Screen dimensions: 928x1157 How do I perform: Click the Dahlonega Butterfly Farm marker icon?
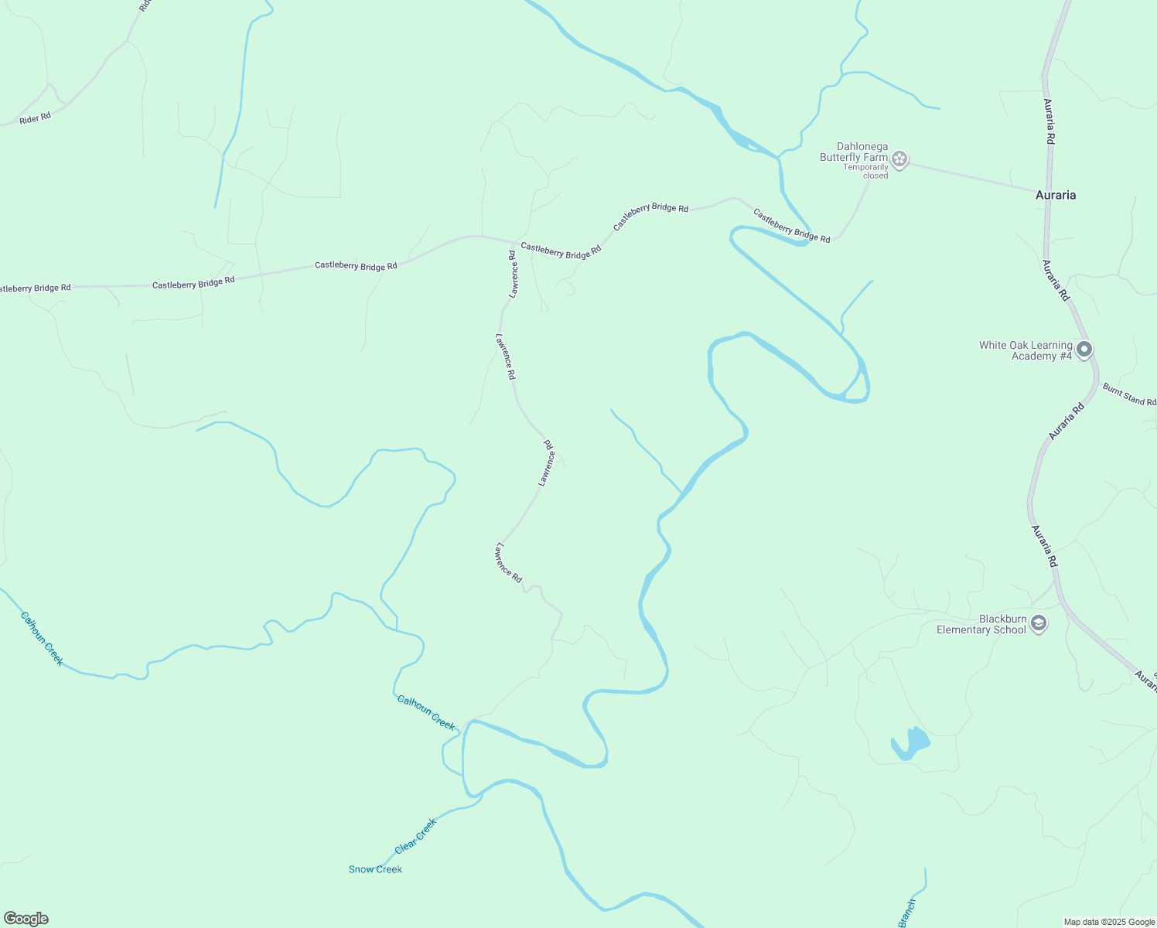(899, 159)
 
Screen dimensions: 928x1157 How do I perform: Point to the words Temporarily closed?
(865, 171)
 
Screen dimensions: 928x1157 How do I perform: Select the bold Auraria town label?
(1055, 195)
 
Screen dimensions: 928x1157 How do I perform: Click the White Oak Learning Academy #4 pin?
(1084, 350)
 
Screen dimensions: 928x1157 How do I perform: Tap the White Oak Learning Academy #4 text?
(1026, 350)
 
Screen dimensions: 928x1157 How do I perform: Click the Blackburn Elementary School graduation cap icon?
(1039, 623)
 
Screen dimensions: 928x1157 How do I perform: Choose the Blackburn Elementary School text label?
(981, 624)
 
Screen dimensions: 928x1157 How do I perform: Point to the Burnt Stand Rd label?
(1129, 394)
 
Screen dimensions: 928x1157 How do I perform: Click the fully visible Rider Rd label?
(35, 118)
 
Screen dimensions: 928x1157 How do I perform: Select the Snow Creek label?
(375, 869)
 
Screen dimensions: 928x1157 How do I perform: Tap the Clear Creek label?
(416, 836)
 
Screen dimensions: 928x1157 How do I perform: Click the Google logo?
(26, 919)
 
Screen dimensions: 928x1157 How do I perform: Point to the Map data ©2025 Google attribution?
(1109, 922)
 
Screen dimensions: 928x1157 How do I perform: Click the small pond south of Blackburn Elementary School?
(911, 743)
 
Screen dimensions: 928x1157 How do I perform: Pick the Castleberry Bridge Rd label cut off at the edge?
(35, 288)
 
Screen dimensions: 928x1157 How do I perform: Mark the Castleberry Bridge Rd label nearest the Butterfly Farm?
(791, 226)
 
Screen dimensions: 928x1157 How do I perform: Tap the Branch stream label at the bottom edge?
(907, 913)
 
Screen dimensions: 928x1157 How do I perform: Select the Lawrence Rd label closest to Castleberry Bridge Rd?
(513, 274)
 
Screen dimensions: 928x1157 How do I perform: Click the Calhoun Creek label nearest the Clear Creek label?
(425, 711)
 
